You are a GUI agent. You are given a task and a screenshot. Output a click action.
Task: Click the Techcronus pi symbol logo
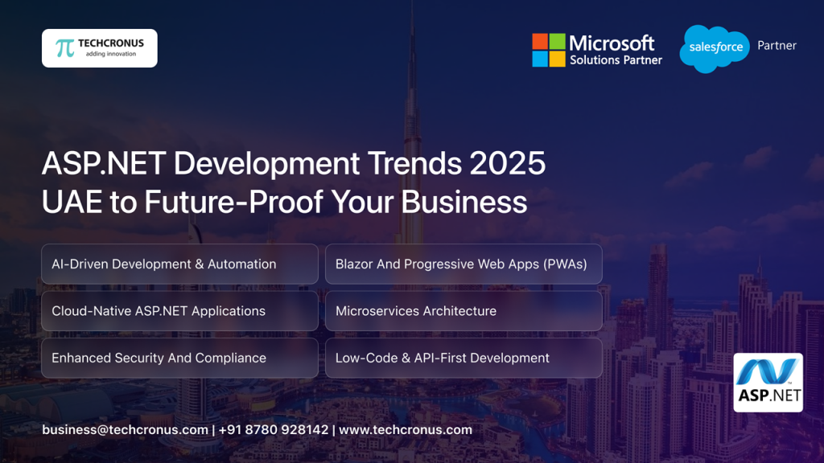tap(65, 48)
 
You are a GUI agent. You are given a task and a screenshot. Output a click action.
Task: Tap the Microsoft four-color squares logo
tap(549, 50)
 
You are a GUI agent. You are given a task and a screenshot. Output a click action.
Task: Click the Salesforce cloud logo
tap(715, 48)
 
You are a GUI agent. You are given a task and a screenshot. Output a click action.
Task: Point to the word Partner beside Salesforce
tap(777, 46)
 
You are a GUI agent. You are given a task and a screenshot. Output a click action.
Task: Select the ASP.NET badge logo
tap(768, 383)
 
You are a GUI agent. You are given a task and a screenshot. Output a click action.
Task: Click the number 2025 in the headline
tap(507, 164)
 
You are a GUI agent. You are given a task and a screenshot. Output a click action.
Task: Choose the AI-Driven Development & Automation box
tap(179, 264)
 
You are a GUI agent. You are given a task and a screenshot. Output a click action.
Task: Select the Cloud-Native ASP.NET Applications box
tap(179, 311)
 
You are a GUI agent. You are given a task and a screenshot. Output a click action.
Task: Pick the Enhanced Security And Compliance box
tap(179, 358)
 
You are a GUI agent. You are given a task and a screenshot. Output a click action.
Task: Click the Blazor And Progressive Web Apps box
tap(463, 264)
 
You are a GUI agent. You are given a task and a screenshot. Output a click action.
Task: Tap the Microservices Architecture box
tap(463, 311)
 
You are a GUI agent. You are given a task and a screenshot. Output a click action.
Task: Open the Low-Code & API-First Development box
tap(463, 358)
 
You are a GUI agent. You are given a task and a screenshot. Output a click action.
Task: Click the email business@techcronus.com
tap(125, 430)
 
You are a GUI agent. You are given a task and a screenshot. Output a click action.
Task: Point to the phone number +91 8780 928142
tap(274, 430)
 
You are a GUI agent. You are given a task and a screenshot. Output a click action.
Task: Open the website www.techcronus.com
tap(406, 430)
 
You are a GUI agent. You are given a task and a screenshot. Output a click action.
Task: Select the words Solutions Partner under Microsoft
tap(616, 60)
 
